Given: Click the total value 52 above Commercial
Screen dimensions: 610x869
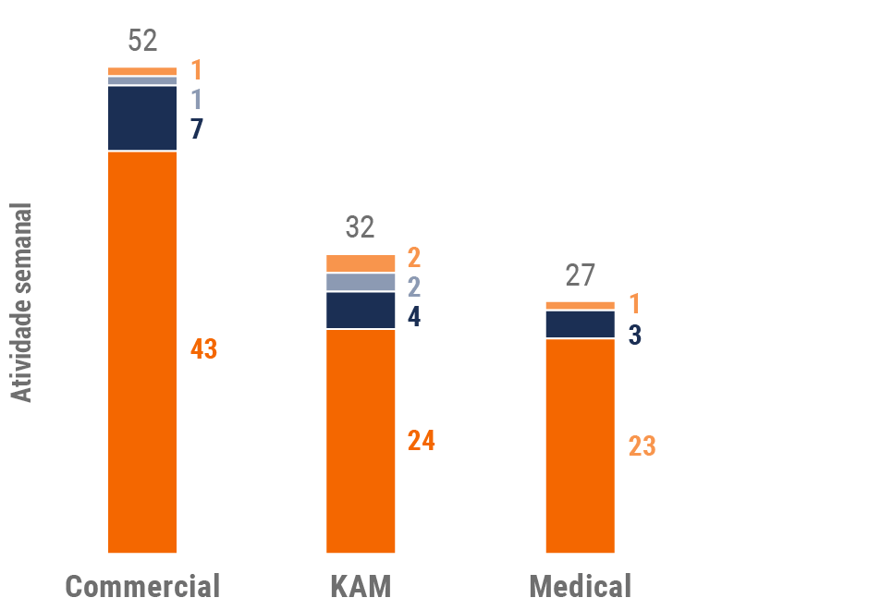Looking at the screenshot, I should (x=143, y=41).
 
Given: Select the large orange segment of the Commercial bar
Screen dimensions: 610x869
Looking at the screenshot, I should (x=142, y=351).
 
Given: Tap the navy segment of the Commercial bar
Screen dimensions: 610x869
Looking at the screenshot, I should (x=142, y=117).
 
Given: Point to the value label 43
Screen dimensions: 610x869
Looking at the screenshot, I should (x=203, y=349).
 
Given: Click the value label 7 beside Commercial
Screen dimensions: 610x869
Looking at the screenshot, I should (x=196, y=129).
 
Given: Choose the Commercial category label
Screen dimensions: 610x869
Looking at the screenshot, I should (x=143, y=586).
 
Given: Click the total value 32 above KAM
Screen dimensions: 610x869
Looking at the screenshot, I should (x=361, y=227).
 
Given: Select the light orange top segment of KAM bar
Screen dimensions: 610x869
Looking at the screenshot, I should (x=361, y=262).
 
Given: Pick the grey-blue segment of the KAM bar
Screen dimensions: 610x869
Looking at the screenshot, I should (x=361, y=282).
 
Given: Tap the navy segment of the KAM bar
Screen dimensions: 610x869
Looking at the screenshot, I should (x=361, y=311).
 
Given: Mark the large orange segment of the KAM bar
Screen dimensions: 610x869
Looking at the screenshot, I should (x=361, y=441).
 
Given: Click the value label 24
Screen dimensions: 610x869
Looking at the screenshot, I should (x=422, y=441).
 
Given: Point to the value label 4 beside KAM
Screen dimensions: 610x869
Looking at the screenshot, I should (x=414, y=317).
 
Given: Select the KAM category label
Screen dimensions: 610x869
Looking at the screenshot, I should (x=361, y=586).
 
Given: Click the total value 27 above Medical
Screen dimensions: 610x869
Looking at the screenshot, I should (x=581, y=275).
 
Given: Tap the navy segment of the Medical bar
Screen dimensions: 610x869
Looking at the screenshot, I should (x=581, y=324).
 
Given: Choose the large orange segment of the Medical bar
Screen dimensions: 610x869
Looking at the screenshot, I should (x=581, y=445).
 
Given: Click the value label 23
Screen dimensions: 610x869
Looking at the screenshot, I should (x=642, y=445).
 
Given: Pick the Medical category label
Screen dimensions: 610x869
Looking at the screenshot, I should (x=581, y=586).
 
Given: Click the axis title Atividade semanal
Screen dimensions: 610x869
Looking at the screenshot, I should (x=22, y=302).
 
